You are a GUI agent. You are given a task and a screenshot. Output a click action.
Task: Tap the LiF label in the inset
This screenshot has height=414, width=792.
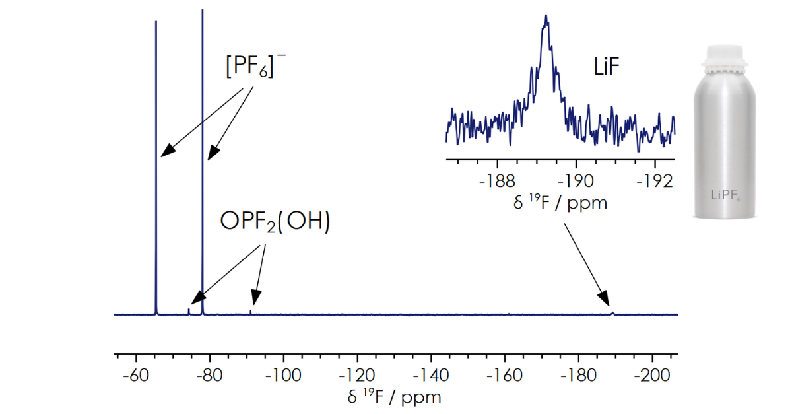pos(605,67)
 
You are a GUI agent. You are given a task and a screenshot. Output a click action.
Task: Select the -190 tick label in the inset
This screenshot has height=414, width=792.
pos(577,180)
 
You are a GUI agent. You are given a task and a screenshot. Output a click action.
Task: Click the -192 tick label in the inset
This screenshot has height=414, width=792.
pos(656,180)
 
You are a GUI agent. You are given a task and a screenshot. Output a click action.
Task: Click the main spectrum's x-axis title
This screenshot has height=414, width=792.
pos(394,397)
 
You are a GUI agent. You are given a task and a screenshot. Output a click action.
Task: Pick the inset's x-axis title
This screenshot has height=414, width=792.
pos(560,201)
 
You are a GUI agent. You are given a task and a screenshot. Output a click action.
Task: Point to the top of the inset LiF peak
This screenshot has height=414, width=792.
pos(546,17)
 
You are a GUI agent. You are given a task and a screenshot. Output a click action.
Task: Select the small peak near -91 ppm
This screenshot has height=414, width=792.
pos(251,312)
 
